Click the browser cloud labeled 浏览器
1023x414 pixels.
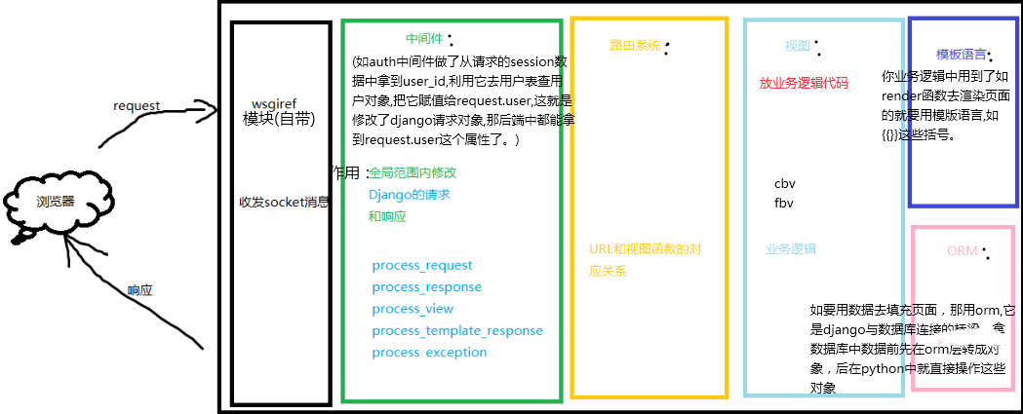pos(55,203)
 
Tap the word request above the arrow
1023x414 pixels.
pos(137,105)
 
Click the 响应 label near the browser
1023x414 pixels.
pos(140,290)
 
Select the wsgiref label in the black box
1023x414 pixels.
pos(273,103)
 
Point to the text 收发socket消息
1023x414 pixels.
pos(284,203)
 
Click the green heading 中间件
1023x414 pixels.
pos(424,39)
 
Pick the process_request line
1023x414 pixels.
pos(422,265)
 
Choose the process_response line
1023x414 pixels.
pos(427,286)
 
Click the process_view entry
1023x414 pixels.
pos(413,309)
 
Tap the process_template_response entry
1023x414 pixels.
pos(457,330)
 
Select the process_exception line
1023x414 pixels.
pos(429,352)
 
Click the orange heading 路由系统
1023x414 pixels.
pos(635,45)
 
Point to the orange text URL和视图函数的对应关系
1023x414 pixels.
pos(646,259)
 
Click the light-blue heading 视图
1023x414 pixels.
pos(797,46)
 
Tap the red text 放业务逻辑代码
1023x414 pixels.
pos(804,84)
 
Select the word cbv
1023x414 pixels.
pos(785,183)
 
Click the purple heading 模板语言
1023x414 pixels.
pos(960,54)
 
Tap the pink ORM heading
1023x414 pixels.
pos(962,251)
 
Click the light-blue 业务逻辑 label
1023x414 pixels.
pos(791,248)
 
